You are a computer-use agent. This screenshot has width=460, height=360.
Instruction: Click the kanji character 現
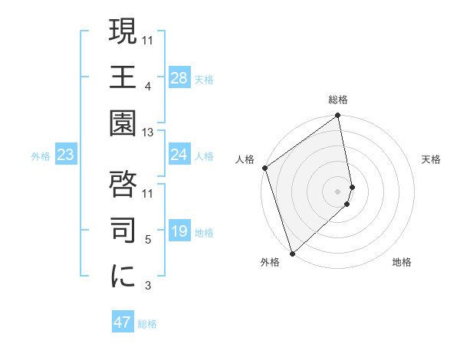coord(123,32)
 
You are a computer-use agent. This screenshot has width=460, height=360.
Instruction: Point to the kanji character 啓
coord(123,185)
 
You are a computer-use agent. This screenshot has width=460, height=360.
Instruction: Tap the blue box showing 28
coord(179,78)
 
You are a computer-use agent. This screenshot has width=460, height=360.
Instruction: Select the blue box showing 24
coord(179,155)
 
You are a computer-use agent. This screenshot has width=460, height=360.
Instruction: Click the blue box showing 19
coord(179,231)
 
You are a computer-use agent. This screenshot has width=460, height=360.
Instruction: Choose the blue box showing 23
coord(65,155)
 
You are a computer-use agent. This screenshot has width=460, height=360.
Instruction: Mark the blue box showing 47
coord(123,322)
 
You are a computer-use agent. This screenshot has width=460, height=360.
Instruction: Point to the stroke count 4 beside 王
coord(147,87)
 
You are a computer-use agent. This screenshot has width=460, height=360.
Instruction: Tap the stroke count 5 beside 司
coord(147,240)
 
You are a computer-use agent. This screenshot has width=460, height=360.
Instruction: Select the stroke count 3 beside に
coord(147,286)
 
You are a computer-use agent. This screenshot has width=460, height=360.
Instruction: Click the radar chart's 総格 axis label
coord(338,100)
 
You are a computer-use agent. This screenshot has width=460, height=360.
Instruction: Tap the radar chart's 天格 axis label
coord(432,159)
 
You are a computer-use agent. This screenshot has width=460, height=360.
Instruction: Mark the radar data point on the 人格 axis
coord(264,169)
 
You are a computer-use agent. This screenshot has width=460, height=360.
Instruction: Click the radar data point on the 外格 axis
coord(291,253)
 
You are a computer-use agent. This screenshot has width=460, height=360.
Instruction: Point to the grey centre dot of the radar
coord(337,191)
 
